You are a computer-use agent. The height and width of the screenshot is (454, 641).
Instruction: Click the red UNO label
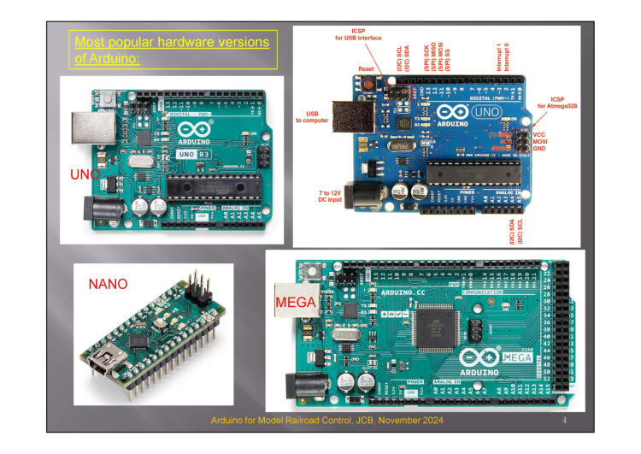click(x=84, y=174)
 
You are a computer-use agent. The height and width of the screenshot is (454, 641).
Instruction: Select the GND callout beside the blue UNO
click(x=539, y=148)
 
